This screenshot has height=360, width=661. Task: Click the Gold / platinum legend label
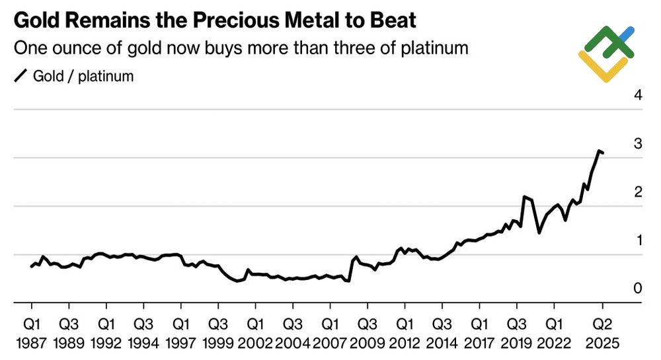(x=83, y=76)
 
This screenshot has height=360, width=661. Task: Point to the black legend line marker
(x=20, y=76)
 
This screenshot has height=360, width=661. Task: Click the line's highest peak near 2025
(x=599, y=151)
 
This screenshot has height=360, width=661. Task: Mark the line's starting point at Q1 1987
(x=32, y=266)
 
